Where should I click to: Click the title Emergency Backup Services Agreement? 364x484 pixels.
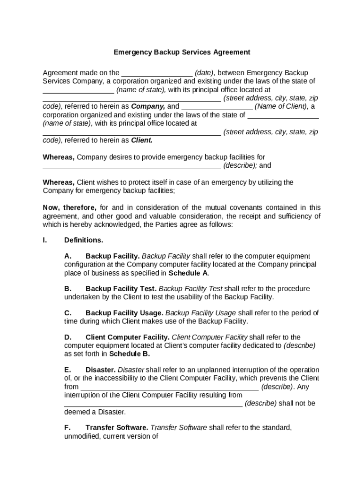[x=182, y=52]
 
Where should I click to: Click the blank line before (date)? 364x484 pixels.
[x=157, y=74]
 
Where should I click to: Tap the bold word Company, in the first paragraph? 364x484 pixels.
[x=148, y=106]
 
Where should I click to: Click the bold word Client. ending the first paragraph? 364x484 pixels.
[x=141, y=140]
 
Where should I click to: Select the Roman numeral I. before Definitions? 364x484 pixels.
[x=45, y=240]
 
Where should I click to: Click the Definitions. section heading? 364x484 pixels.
[x=84, y=240]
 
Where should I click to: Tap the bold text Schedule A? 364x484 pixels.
[x=188, y=273]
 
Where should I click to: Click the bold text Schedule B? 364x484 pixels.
[x=130, y=354]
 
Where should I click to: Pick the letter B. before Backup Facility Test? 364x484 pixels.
[x=68, y=288]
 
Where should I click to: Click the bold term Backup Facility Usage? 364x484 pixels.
[x=124, y=313]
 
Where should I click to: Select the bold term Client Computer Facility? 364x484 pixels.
[x=128, y=337]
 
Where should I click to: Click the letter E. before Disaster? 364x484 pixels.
[x=68, y=370]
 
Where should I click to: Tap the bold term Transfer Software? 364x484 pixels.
[x=117, y=428]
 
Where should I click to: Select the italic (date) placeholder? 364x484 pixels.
[x=205, y=73]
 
